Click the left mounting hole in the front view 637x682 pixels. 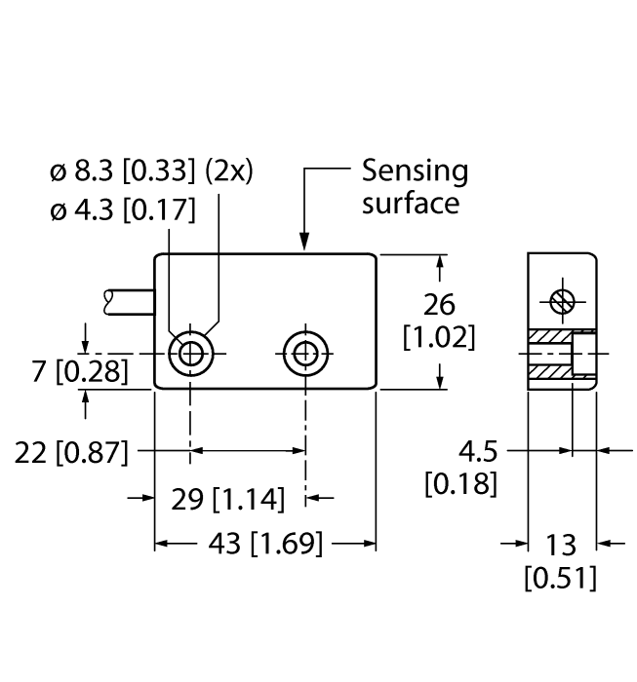[x=190, y=354]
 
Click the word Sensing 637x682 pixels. [x=415, y=172]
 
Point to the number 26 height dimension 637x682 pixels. [x=439, y=305]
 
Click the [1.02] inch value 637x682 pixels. [x=439, y=338]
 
